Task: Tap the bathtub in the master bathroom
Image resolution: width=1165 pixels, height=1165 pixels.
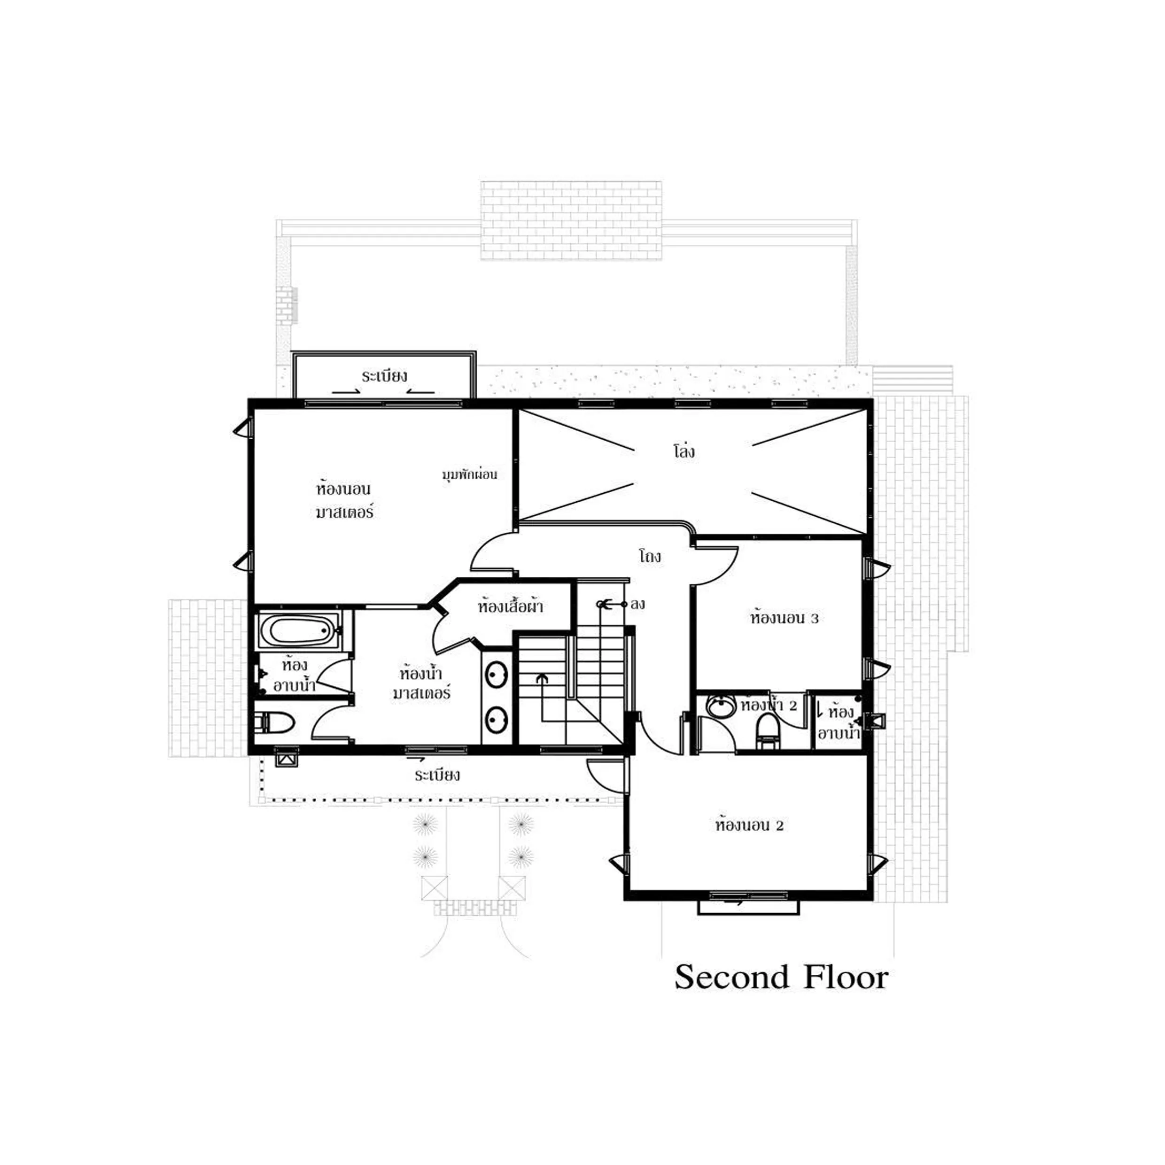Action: [x=300, y=630]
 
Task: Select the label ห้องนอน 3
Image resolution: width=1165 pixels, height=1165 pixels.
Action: [x=784, y=618]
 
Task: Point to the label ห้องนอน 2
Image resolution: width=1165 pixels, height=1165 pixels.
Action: [x=750, y=825]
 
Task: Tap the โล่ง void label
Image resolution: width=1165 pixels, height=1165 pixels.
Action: [x=684, y=450]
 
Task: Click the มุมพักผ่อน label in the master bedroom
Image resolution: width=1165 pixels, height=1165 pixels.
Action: [x=470, y=474]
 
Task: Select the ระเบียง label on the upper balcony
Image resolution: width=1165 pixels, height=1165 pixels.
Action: [x=384, y=376]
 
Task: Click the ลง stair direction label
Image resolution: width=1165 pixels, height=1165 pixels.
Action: [x=637, y=604]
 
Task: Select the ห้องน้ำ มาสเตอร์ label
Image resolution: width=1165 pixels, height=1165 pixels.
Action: [x=421, y=682]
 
